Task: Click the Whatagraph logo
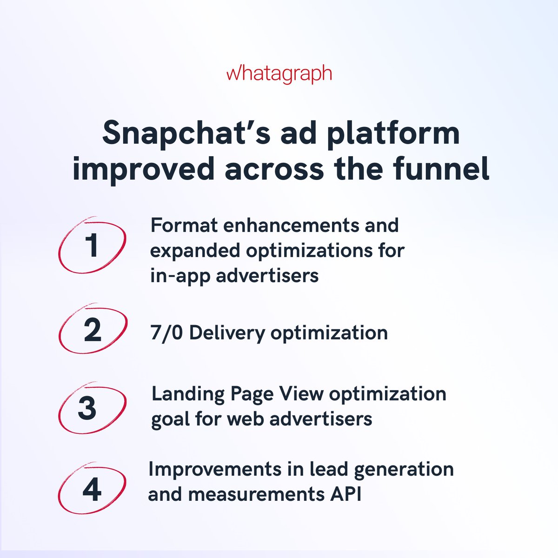[279, 74]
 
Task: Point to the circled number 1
[92, 245]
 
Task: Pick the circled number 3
[87, 408]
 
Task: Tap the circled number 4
[92, 489]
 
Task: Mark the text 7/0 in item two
[166, 333]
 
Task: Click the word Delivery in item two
[227, 333]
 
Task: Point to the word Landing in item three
[188, 394]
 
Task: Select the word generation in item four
[404, 470]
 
